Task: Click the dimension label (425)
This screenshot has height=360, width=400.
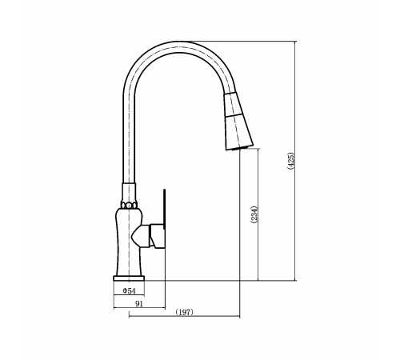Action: [291, 161]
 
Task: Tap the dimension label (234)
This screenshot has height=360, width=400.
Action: [254, 214]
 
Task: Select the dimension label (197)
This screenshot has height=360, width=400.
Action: [185, 312]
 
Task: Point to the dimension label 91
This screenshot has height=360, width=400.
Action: [139, 303]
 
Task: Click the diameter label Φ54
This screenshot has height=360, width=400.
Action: [129, 290]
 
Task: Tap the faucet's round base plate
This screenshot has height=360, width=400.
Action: [129, 278]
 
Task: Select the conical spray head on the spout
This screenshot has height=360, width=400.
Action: [238, 122]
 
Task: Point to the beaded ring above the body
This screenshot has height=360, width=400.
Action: [129, 206]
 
